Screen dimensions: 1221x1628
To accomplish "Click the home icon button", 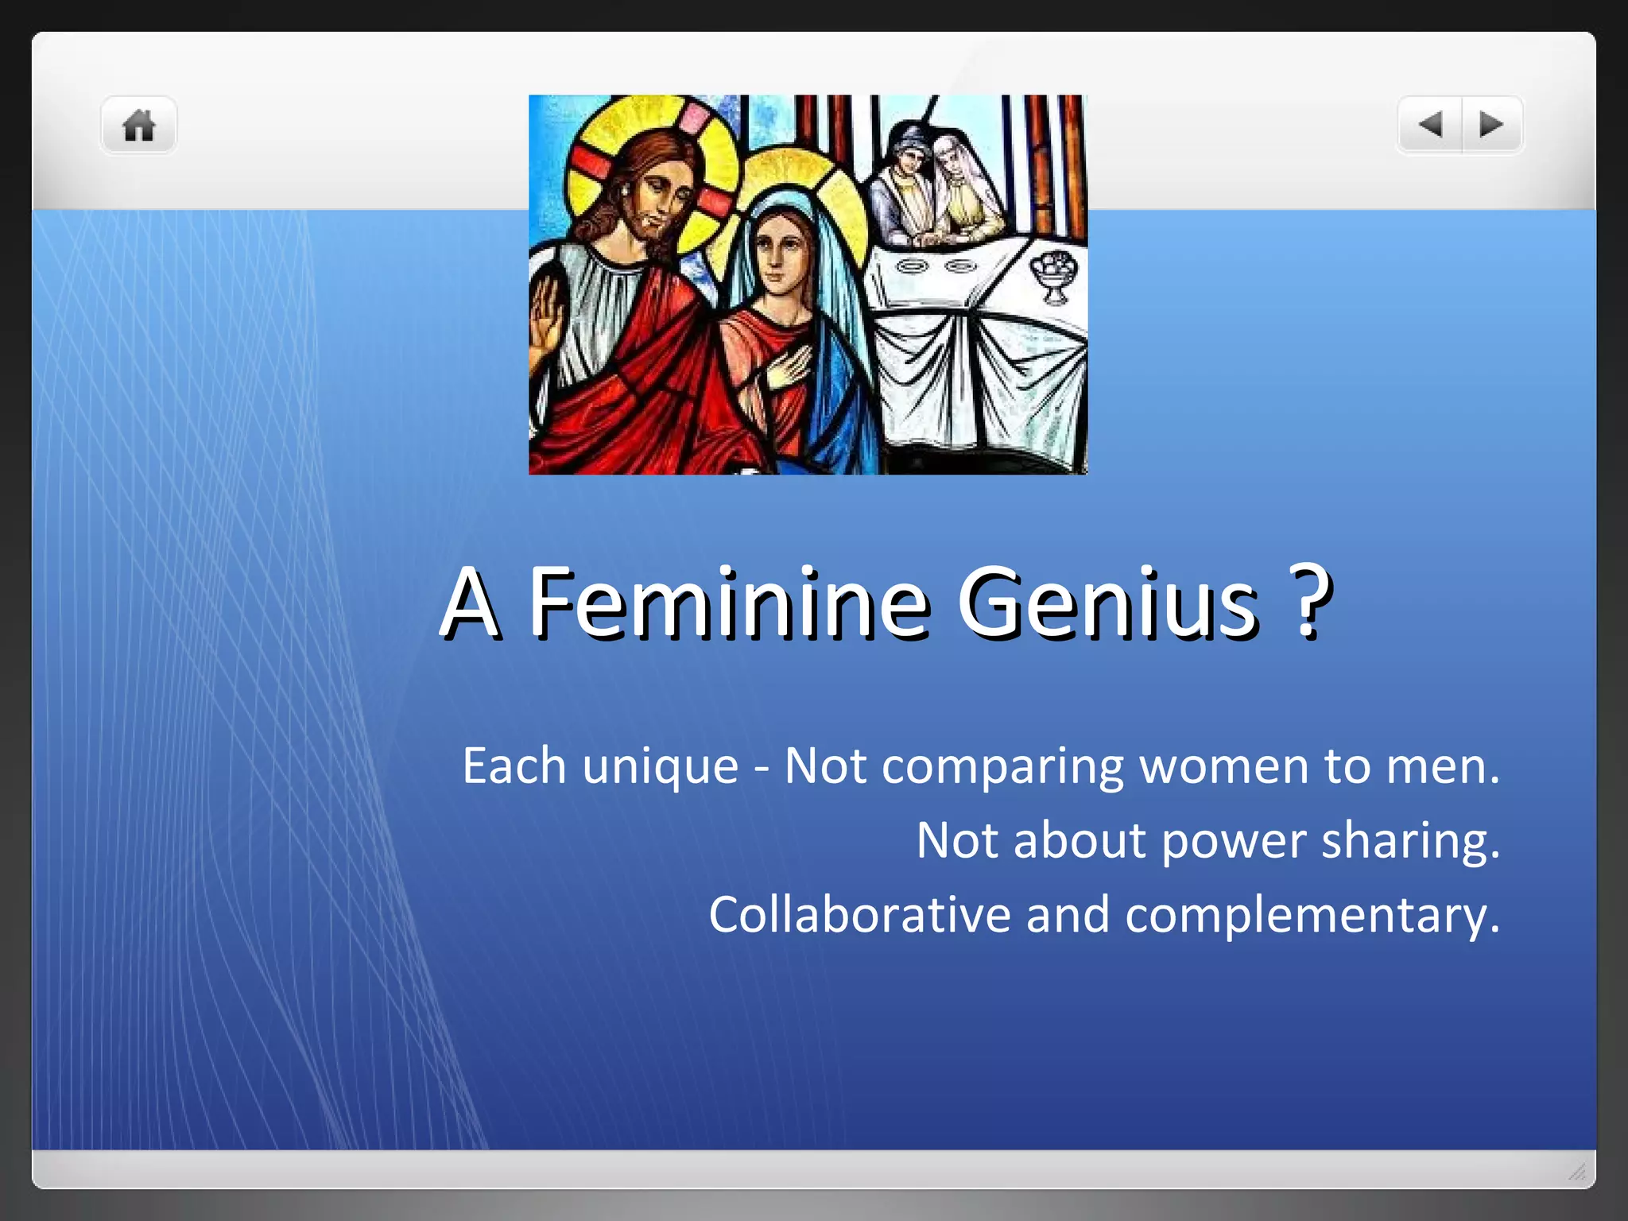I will click(x=138, y=126).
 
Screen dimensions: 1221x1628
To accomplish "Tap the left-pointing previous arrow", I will click(x=1430, y=124).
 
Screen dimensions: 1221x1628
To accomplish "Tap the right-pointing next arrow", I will click(x=1491, y=124).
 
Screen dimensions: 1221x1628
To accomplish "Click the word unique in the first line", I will click(x=660, y=766).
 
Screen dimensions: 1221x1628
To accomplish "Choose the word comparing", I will click(x=1002, y=768).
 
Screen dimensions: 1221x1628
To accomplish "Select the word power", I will click(x=1233, y=842).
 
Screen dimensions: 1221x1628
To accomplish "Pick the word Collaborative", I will click(x=859, y=914).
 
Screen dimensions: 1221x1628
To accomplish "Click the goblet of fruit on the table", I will click(x=1053, y=274).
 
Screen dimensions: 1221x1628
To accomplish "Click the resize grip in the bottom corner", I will click(x=1577, y=1172).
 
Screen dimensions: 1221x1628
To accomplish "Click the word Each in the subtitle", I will click(x=514, y=766).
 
